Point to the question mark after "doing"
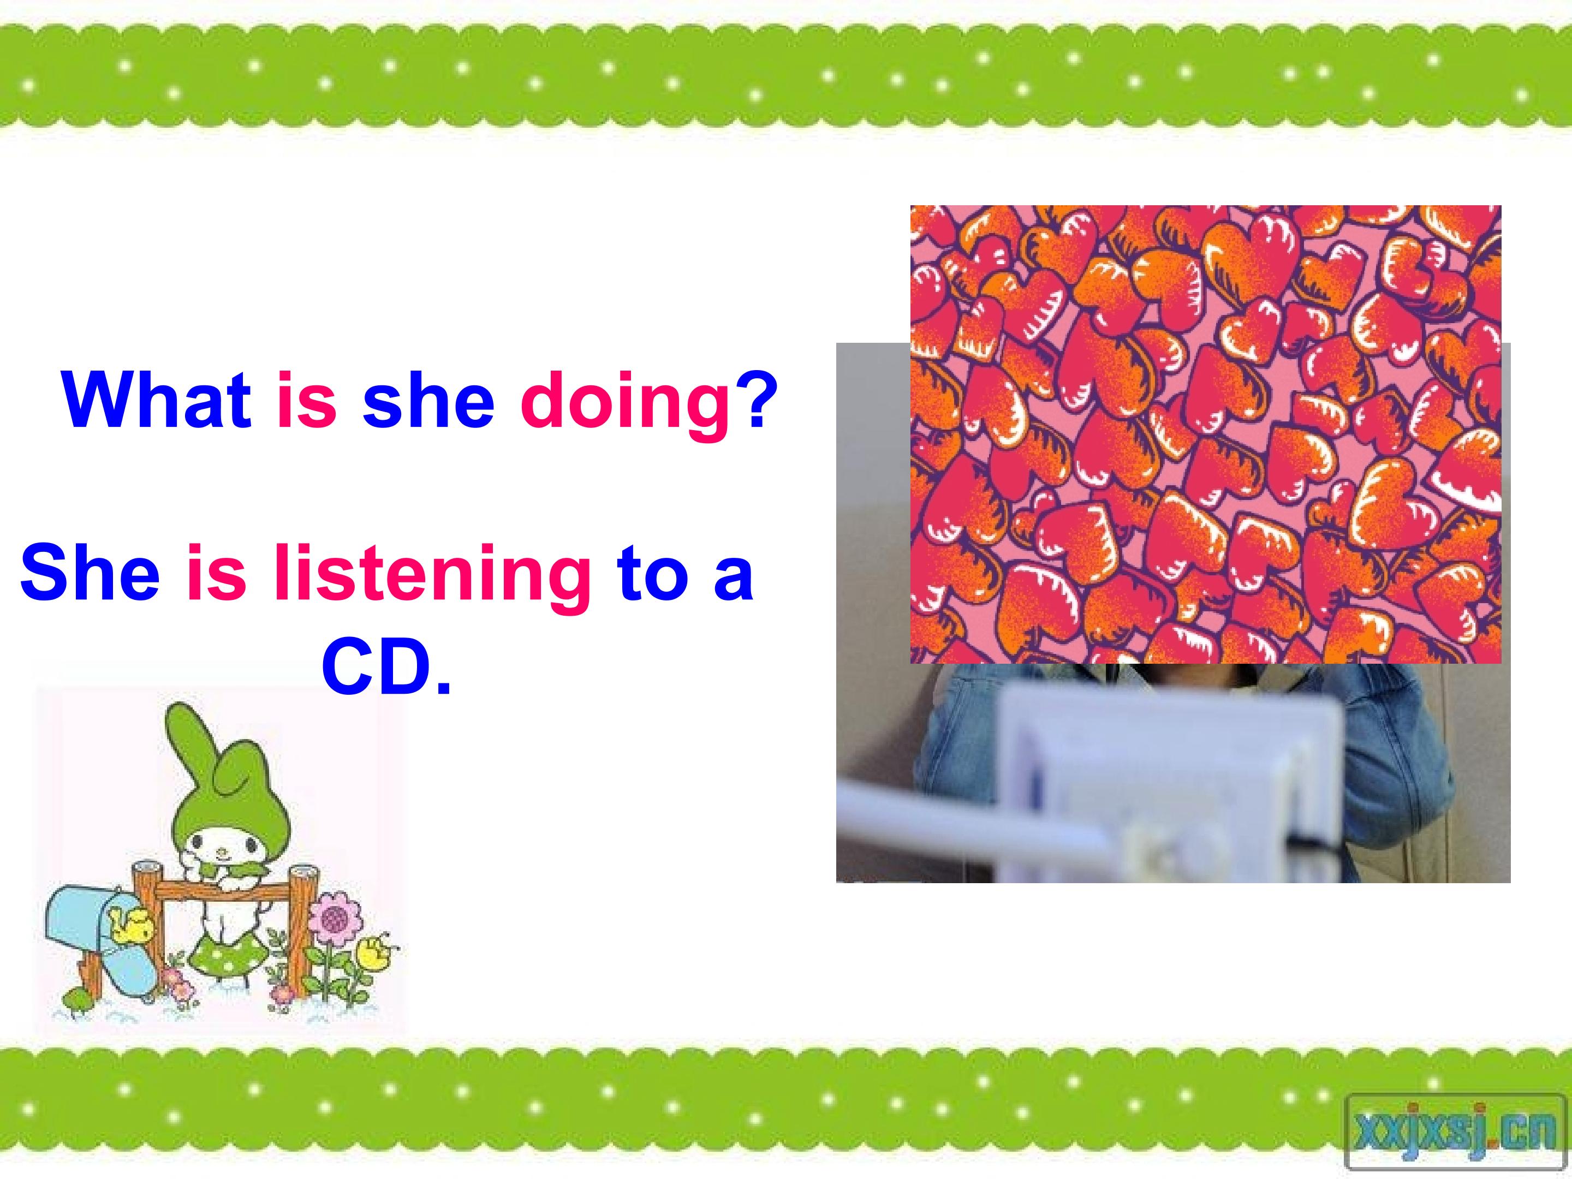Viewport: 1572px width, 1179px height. (752, 400)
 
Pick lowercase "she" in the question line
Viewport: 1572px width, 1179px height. (428, 400)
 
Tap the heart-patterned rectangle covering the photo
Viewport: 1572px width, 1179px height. (1205, 434)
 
